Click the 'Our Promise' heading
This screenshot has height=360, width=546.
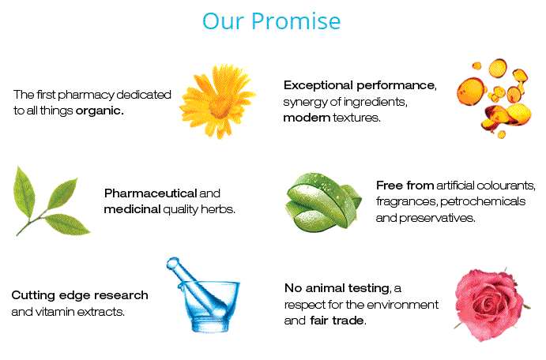click(x=271, y=21)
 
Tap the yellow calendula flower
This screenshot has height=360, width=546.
click(x=217, y=102)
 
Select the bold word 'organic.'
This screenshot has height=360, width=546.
click(x=100, y=111)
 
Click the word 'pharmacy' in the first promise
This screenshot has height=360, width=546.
click(x=86, y=95)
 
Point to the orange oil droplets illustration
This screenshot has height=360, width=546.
click(x=494, y=99)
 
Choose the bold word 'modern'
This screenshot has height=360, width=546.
click(x=307, y=118)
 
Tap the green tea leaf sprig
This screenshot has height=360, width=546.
click(x=50, y=201)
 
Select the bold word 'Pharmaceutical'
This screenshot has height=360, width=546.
click(x=151, y=193)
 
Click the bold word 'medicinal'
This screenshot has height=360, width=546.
click(x=132, y=209)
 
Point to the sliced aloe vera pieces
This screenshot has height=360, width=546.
click(x=323, y=202)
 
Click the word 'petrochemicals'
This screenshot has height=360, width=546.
click(x=483, y=201)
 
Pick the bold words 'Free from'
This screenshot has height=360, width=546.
click(x=405, y=186)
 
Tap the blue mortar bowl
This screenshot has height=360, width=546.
click(x=209, y=306)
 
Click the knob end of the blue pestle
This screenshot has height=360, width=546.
click(x=173, y=264)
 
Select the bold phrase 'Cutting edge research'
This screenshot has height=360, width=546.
click(x=80, y=295)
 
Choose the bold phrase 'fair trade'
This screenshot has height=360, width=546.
click(x=337, y=321)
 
